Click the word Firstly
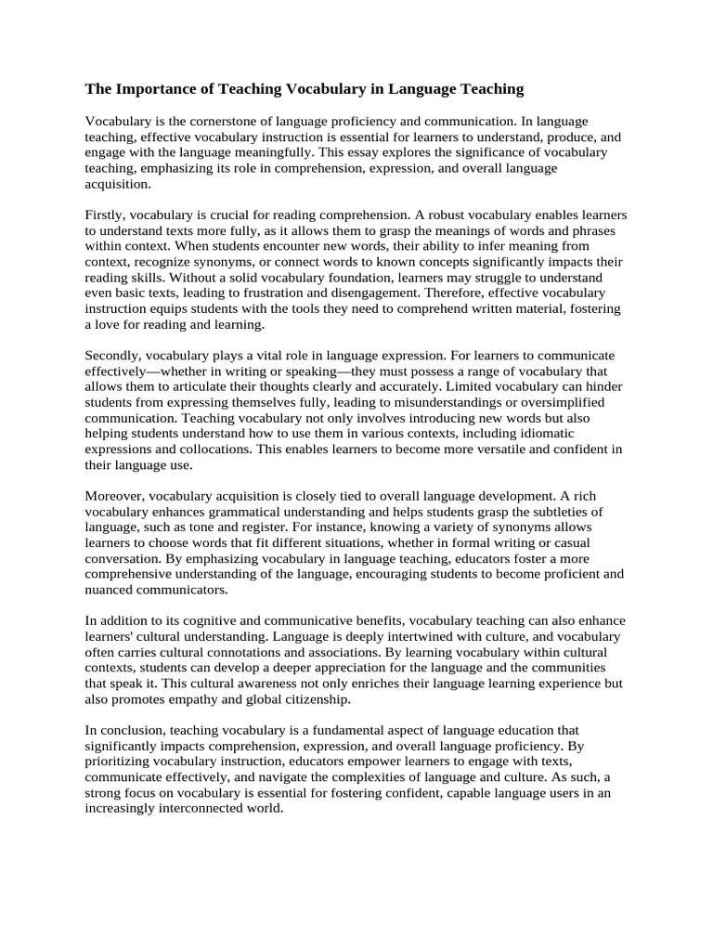(x=106, y=215)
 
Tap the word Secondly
(x=113, y=356)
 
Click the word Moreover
(x=114, y=497)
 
